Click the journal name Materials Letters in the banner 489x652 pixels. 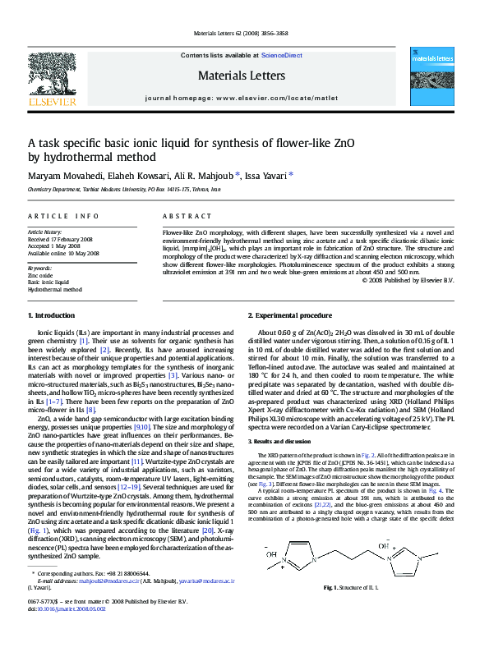241,76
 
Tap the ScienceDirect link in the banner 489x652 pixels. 281,55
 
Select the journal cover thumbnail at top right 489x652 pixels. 431,78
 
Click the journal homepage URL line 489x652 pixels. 241,97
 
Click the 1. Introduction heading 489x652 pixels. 51,315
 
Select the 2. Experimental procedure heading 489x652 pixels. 289,315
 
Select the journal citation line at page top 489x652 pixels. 241,34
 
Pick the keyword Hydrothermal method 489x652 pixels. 55,289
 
